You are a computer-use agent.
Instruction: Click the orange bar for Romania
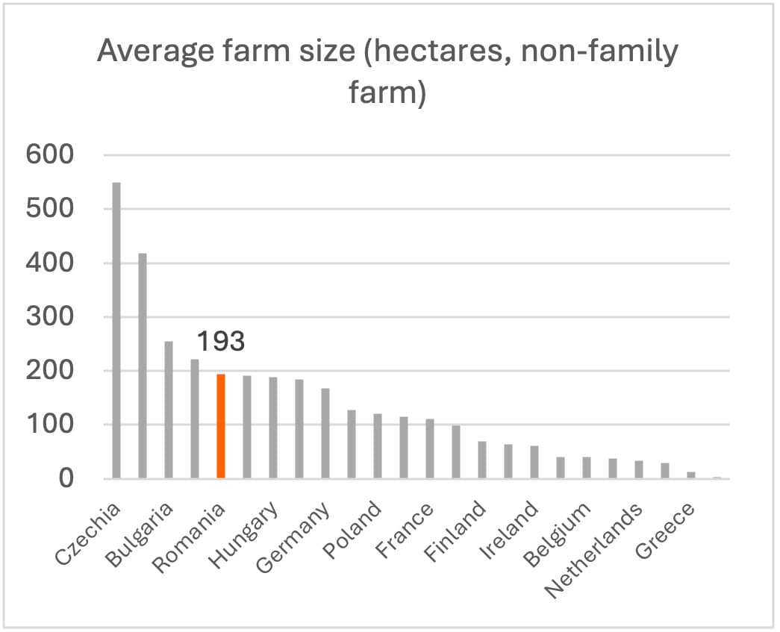click(221, 426)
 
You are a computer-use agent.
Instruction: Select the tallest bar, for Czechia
click(116, 331)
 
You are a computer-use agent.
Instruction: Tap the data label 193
click(220, 342)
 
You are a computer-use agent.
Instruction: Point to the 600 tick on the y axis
click(50, 155)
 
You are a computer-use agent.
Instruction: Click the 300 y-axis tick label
click(50, 317)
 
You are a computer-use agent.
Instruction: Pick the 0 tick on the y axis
click(67, 478)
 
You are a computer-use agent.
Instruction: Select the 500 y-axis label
click(50, 209)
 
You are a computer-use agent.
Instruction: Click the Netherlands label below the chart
click(594, 550)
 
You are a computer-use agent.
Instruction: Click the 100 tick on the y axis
click(50, 425)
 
